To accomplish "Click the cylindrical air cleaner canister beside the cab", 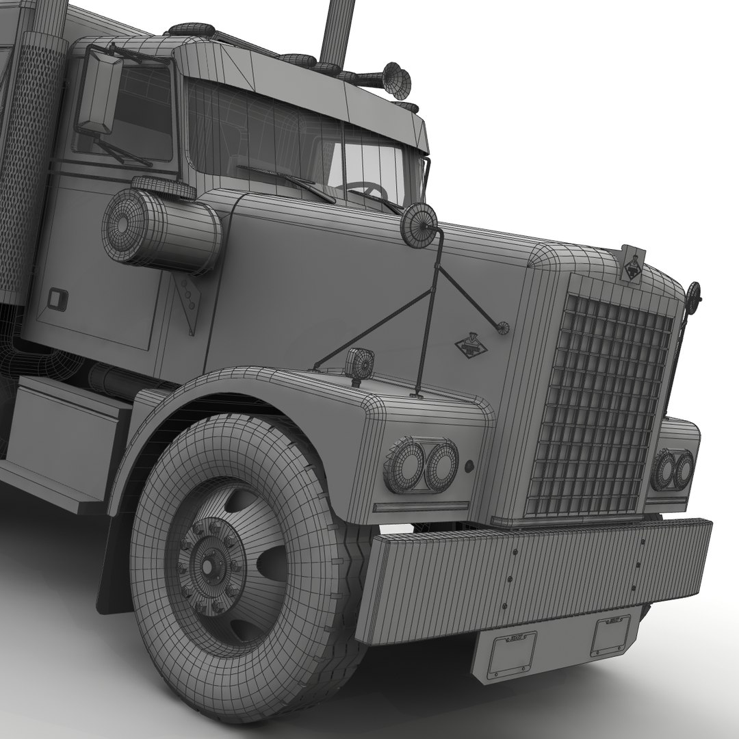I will (x=161, y=229).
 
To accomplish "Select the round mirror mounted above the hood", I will (x=419, y=225).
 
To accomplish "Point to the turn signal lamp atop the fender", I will (x=360, y=363).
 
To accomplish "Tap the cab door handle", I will (x=57, y=298).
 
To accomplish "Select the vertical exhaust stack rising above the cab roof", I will (x=338, y=31).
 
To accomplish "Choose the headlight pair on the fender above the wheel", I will (x=421, y=466).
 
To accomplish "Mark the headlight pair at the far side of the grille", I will (x=672, y=469).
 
